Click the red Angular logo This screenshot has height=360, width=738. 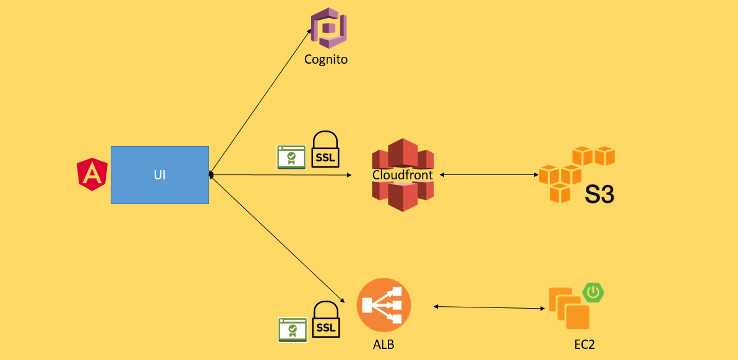coord(92,174)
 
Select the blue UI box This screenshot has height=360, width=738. coord(160,175)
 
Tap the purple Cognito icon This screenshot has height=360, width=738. coord(328,28)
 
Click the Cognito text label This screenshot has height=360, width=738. coord(326,60)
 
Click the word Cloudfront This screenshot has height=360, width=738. coord(403,175)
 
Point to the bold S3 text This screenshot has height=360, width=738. coord(599,194)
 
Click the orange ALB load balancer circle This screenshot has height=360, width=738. coord(384,305)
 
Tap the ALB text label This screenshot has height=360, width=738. coord(384,344)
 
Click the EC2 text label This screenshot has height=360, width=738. coord(584,345)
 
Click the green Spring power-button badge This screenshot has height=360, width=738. coord(594,292)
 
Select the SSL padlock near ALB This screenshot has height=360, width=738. coord(325,319)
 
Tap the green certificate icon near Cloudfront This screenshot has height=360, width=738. coord(291,157)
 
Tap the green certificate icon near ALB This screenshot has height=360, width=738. coord(291,329)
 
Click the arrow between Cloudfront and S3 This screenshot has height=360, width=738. coord(489,175)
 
